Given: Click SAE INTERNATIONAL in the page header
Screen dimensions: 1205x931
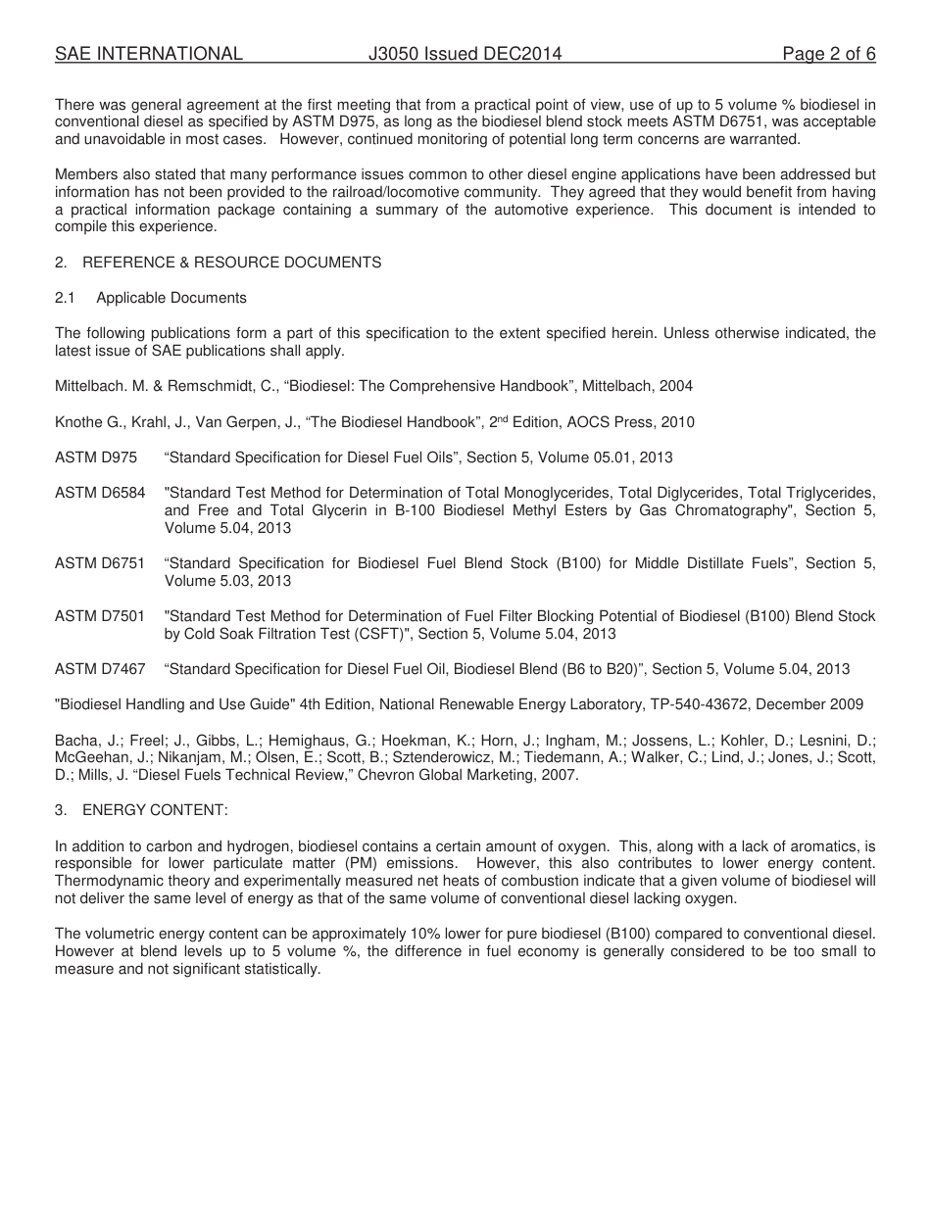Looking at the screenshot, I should tap(149, 55).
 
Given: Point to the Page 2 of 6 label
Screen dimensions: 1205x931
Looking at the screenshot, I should tap(828, 55).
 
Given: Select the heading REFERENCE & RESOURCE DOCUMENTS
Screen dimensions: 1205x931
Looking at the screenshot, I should tap(231, 263).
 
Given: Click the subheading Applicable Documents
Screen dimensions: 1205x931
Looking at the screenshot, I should tap(171, 298).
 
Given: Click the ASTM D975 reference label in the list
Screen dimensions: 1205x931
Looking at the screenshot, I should tap(96, 458).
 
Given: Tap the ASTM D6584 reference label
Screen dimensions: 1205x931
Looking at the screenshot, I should tap(100, 493).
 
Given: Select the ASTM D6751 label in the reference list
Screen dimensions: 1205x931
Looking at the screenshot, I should tap(100, 563).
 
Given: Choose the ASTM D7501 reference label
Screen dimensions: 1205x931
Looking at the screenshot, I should tap(100, 616).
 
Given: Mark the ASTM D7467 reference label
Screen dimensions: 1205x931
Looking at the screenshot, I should tap(100, 669).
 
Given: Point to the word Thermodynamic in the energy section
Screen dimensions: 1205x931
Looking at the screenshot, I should tap(103, 881).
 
